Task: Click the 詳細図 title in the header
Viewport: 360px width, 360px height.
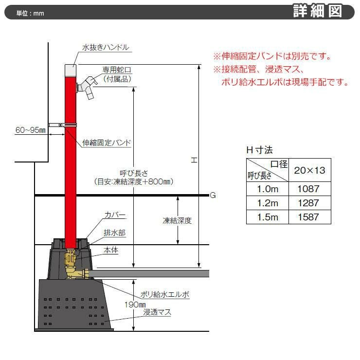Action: pos(318,11)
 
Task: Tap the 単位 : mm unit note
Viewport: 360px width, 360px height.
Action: pos(30,13)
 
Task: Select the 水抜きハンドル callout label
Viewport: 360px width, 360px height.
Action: pos(106,48)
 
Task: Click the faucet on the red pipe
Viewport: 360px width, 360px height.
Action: pos(87,88)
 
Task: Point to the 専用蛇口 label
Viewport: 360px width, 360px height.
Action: pos(117,70)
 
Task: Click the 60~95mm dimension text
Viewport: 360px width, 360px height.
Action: pos(30,130)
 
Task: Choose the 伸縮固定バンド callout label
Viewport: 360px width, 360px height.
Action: pos(107,143)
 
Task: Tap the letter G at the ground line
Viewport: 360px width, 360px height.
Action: pos(213,195)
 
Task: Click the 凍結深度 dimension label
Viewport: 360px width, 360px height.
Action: pos(177,221)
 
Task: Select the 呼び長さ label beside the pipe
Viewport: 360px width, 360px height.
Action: pos(134,173)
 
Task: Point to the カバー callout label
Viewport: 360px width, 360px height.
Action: pos(115,215)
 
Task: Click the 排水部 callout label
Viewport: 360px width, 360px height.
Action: pos(114,233)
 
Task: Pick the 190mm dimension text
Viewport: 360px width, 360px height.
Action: pos(135,305)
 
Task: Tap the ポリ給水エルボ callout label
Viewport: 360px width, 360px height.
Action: pos(165,294)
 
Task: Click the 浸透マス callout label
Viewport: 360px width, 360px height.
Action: pos(157,312)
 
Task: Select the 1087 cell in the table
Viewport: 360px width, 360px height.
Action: pos(308,189)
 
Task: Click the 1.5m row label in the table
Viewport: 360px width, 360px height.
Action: pos(268,217)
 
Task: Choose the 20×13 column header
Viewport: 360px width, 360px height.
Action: pos(309,170)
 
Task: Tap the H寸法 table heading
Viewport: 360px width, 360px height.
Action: pos(259,150)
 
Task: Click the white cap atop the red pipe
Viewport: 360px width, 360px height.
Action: pos(71,71)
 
